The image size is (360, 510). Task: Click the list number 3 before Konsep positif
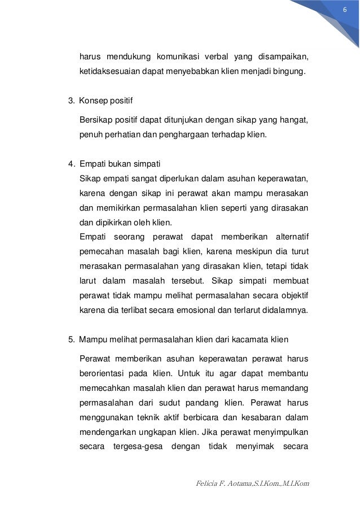click(71, 101)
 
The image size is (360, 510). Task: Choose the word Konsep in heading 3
click(92, 101)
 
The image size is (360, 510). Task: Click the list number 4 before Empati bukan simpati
click(71, 164)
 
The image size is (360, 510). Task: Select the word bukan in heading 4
click(117, 164)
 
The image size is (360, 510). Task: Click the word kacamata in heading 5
click(249, 339)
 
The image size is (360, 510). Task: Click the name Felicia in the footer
click(205, 484)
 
